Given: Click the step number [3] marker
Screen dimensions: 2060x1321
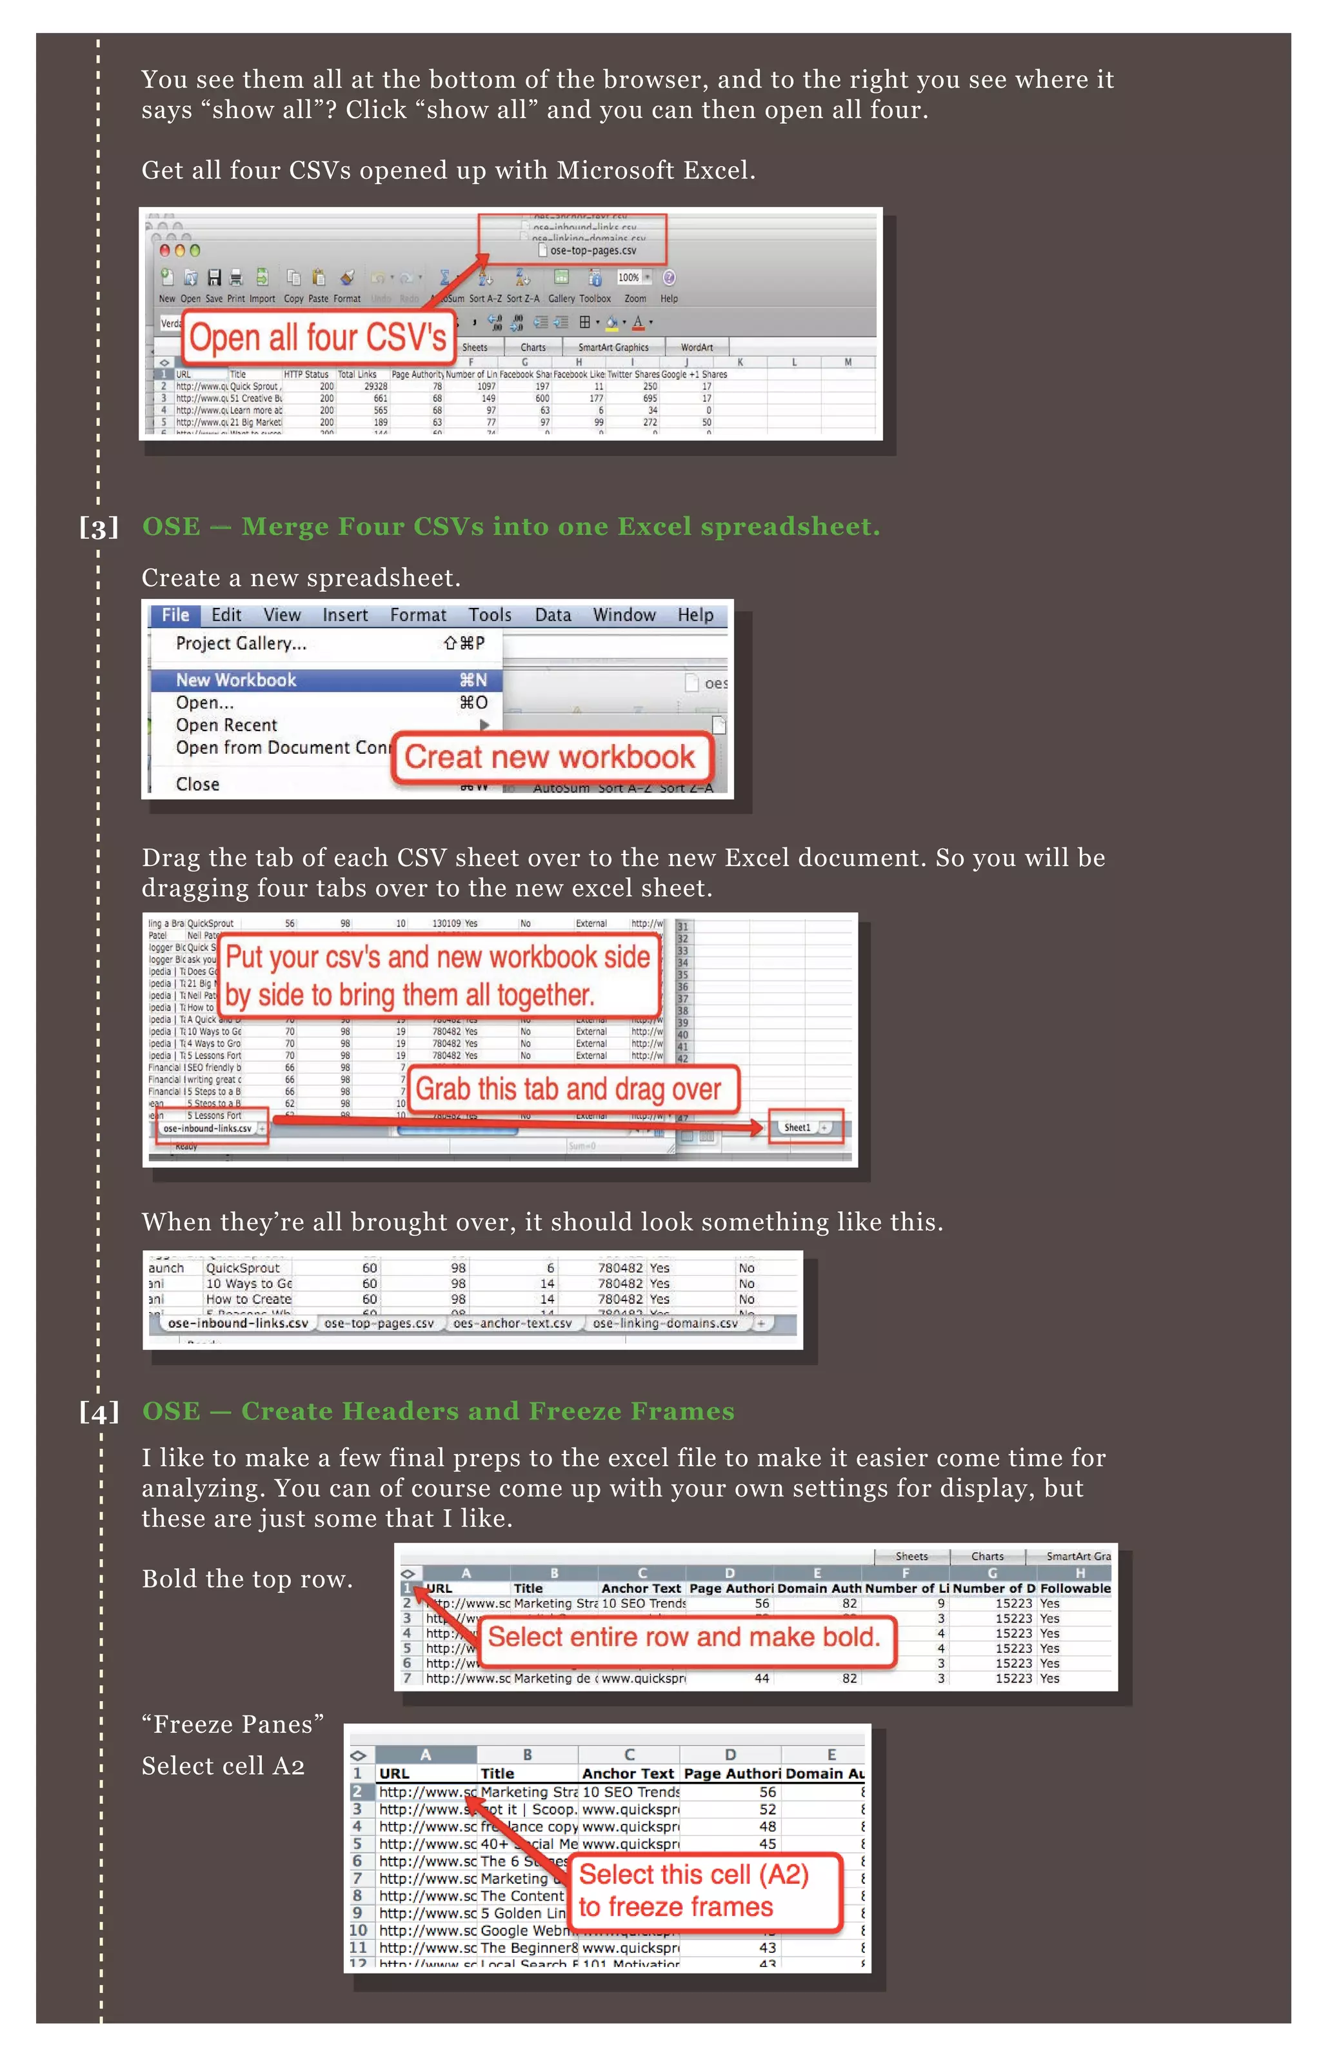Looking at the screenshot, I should pyautogui.click(x=99, y=527).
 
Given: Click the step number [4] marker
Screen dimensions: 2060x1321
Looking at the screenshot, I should pyautogui.click(x=99, y=1411).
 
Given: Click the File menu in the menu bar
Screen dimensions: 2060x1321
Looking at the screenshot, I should pyautogui.click(x=175, y=615).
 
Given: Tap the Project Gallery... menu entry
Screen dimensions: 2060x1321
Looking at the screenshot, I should pyautogui.click(x=241, y=643).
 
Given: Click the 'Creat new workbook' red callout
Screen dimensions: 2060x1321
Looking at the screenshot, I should pyautogui.click(x=550, y=758).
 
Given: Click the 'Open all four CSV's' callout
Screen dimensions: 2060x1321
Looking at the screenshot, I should pyautogui.click(x=317, y=337).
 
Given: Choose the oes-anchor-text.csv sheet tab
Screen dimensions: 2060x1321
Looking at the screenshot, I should pyautogui.click(x=512, y=1323).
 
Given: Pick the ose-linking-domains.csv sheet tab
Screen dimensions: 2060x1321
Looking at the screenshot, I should pyautogui.click(x=665, y=1323).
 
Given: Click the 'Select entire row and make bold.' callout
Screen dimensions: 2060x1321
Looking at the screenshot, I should pyautogui.click(x=684, y=1637).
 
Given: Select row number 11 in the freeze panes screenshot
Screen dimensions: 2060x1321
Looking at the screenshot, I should pyautogui.click(x=358, y=1948).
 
